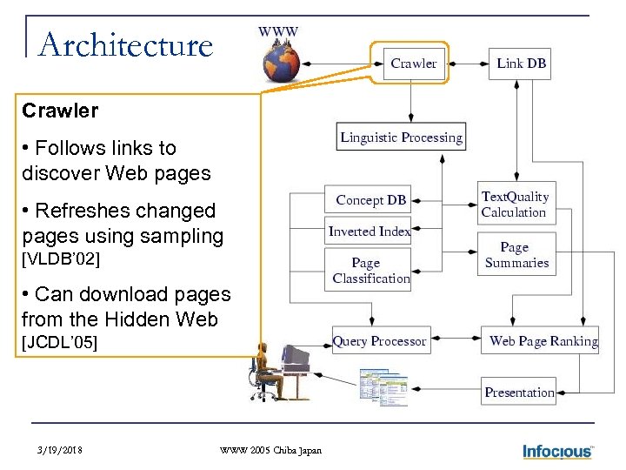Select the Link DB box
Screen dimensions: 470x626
tap(520, 63)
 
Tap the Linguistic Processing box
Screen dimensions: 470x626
tap(401, 137)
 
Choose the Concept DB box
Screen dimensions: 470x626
tap(369, 200)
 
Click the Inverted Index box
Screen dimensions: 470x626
tap(369, 231)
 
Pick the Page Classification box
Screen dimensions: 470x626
tap(369, 270)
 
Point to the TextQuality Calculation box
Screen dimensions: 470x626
tap(515, 205)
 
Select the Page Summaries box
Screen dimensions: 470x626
tap(516, 255)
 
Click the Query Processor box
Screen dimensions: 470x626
tap(380, 341)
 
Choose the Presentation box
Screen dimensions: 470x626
tap(519, 393)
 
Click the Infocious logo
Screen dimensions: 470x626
tap(557, 451)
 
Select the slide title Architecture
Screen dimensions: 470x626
tap(126, 45)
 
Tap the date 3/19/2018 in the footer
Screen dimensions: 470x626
tap(62, 450)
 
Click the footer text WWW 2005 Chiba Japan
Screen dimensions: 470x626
tap(270, 450)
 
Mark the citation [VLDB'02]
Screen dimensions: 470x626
tap(61, 258)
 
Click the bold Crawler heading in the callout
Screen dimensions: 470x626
tap(60, 111)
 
